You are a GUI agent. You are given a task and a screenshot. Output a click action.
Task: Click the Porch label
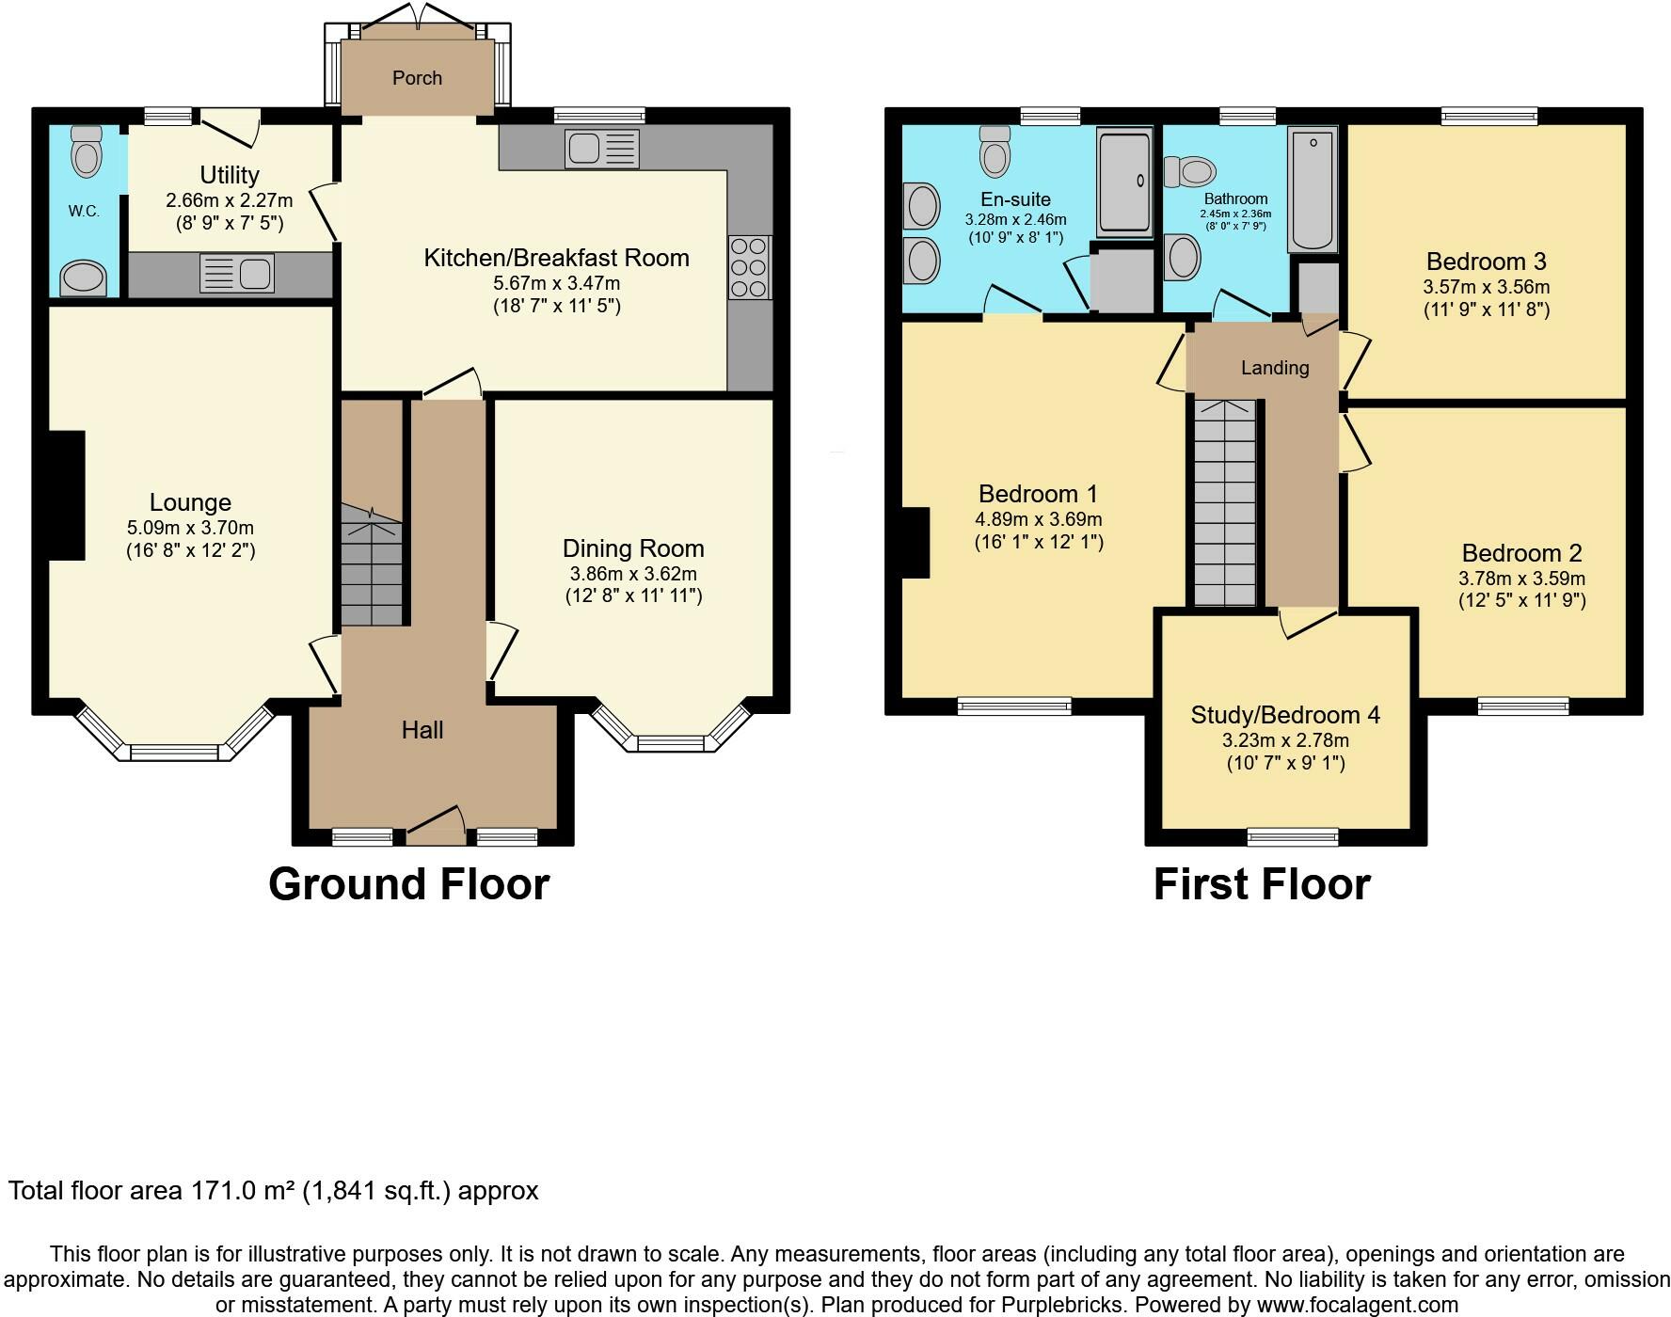point(417,78)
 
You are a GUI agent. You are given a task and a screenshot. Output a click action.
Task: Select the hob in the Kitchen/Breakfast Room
point(750,267)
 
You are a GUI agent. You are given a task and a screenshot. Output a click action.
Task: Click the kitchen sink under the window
point(602,150)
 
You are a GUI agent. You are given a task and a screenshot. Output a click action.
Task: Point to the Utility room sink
point(237,274)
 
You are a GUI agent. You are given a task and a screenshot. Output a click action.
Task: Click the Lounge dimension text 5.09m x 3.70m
point(190,528)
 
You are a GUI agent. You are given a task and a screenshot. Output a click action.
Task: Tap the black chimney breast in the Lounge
point(66,496)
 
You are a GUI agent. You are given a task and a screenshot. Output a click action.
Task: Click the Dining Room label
point(633,548)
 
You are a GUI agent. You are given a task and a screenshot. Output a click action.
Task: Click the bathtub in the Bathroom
point(1312,189)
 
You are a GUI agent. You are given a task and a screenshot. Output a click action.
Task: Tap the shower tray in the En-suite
point(1124,182)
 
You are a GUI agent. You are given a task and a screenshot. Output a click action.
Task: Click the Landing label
point(1275,368)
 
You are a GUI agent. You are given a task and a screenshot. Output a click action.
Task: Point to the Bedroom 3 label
point(1486,262)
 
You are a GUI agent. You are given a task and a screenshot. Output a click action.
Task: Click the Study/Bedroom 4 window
point(1292,836)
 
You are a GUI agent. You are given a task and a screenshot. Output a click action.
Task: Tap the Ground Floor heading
point(408,885)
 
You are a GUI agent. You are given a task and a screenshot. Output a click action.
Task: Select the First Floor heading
point(1262,885)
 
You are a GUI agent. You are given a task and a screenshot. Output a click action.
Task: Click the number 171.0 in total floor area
point(223,1191)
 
